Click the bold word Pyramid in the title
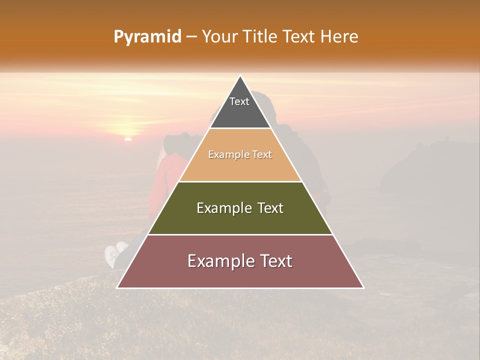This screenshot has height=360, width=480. pyautogui.click(x=147, y=37)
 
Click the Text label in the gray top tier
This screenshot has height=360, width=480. pyautogui.click(x=239, y=101)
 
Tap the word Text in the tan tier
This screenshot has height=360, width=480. pyautogui.click(x=262, y=155)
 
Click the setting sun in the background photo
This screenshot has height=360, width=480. pyautogui.click(x=128, y=139)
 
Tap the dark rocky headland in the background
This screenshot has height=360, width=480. pyautogui.click(x=425, y=165)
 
